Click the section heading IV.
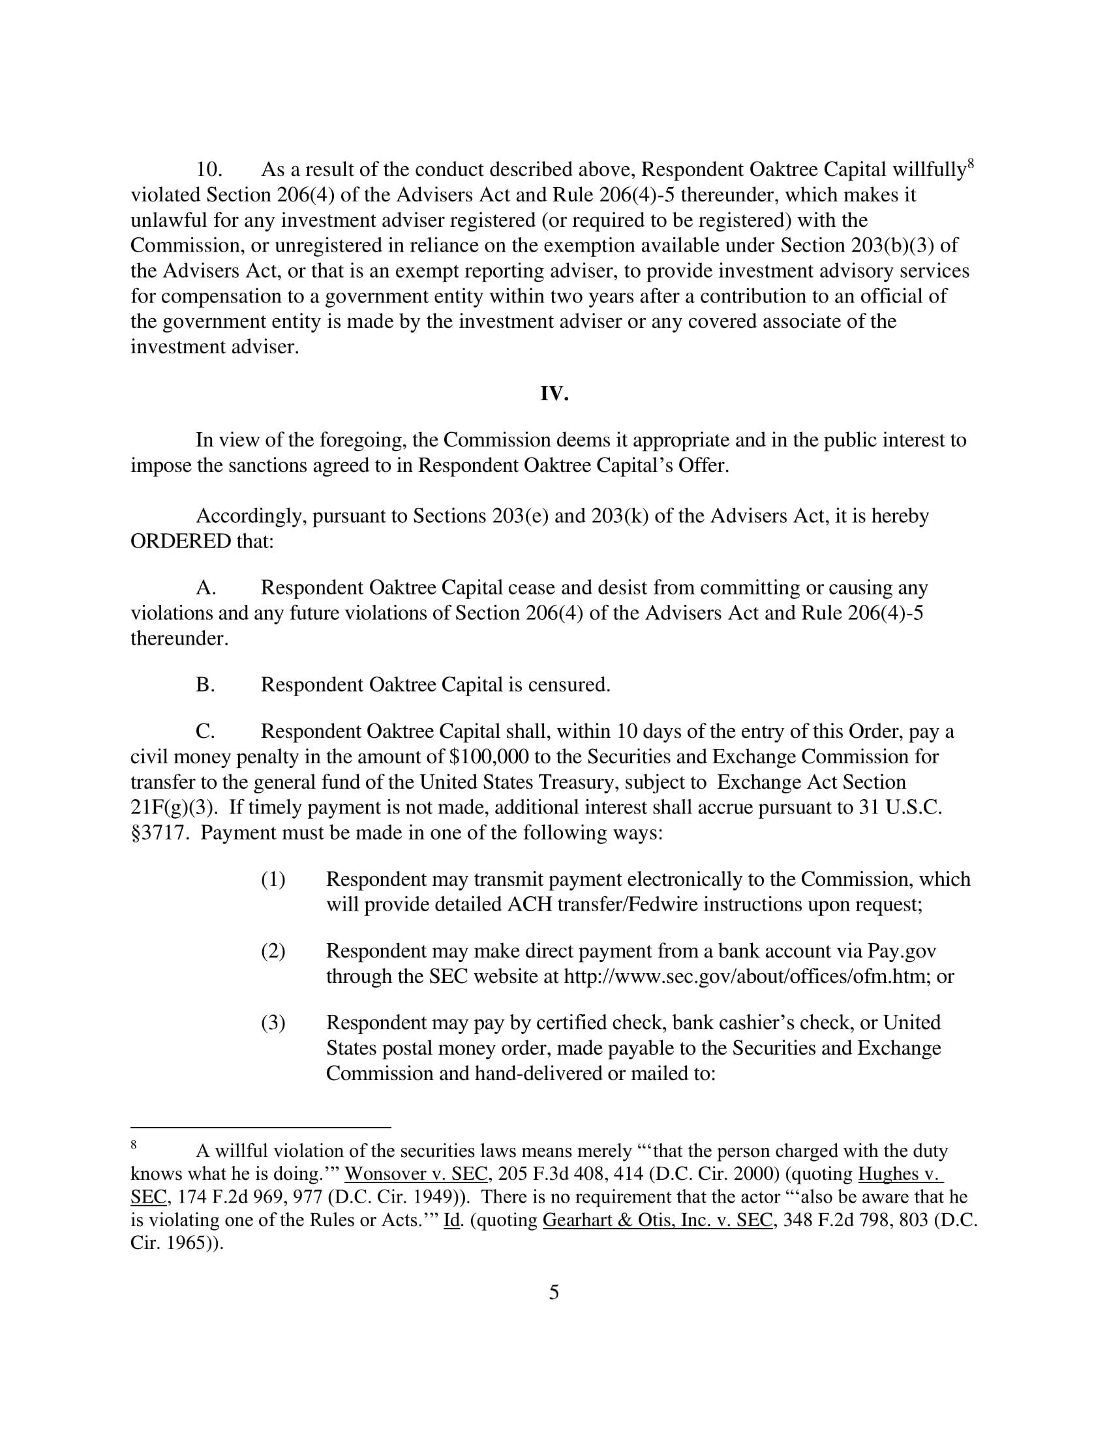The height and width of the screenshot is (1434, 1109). coord(554,394)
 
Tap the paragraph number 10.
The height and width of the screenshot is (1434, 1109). coord(209,170)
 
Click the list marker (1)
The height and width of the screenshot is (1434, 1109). coord(273,880)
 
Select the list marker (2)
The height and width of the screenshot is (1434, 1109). coord(273,952)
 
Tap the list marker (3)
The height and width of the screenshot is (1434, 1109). coord(273,1023)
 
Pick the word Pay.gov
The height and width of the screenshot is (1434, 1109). coord(902,952)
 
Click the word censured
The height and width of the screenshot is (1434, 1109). coord(568,686)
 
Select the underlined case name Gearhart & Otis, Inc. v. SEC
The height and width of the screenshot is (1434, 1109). coord(657,1220)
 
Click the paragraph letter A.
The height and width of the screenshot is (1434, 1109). coord(205,588)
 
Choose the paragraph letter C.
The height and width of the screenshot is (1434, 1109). coord(205,731)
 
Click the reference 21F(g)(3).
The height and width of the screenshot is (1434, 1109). coord(174,808)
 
